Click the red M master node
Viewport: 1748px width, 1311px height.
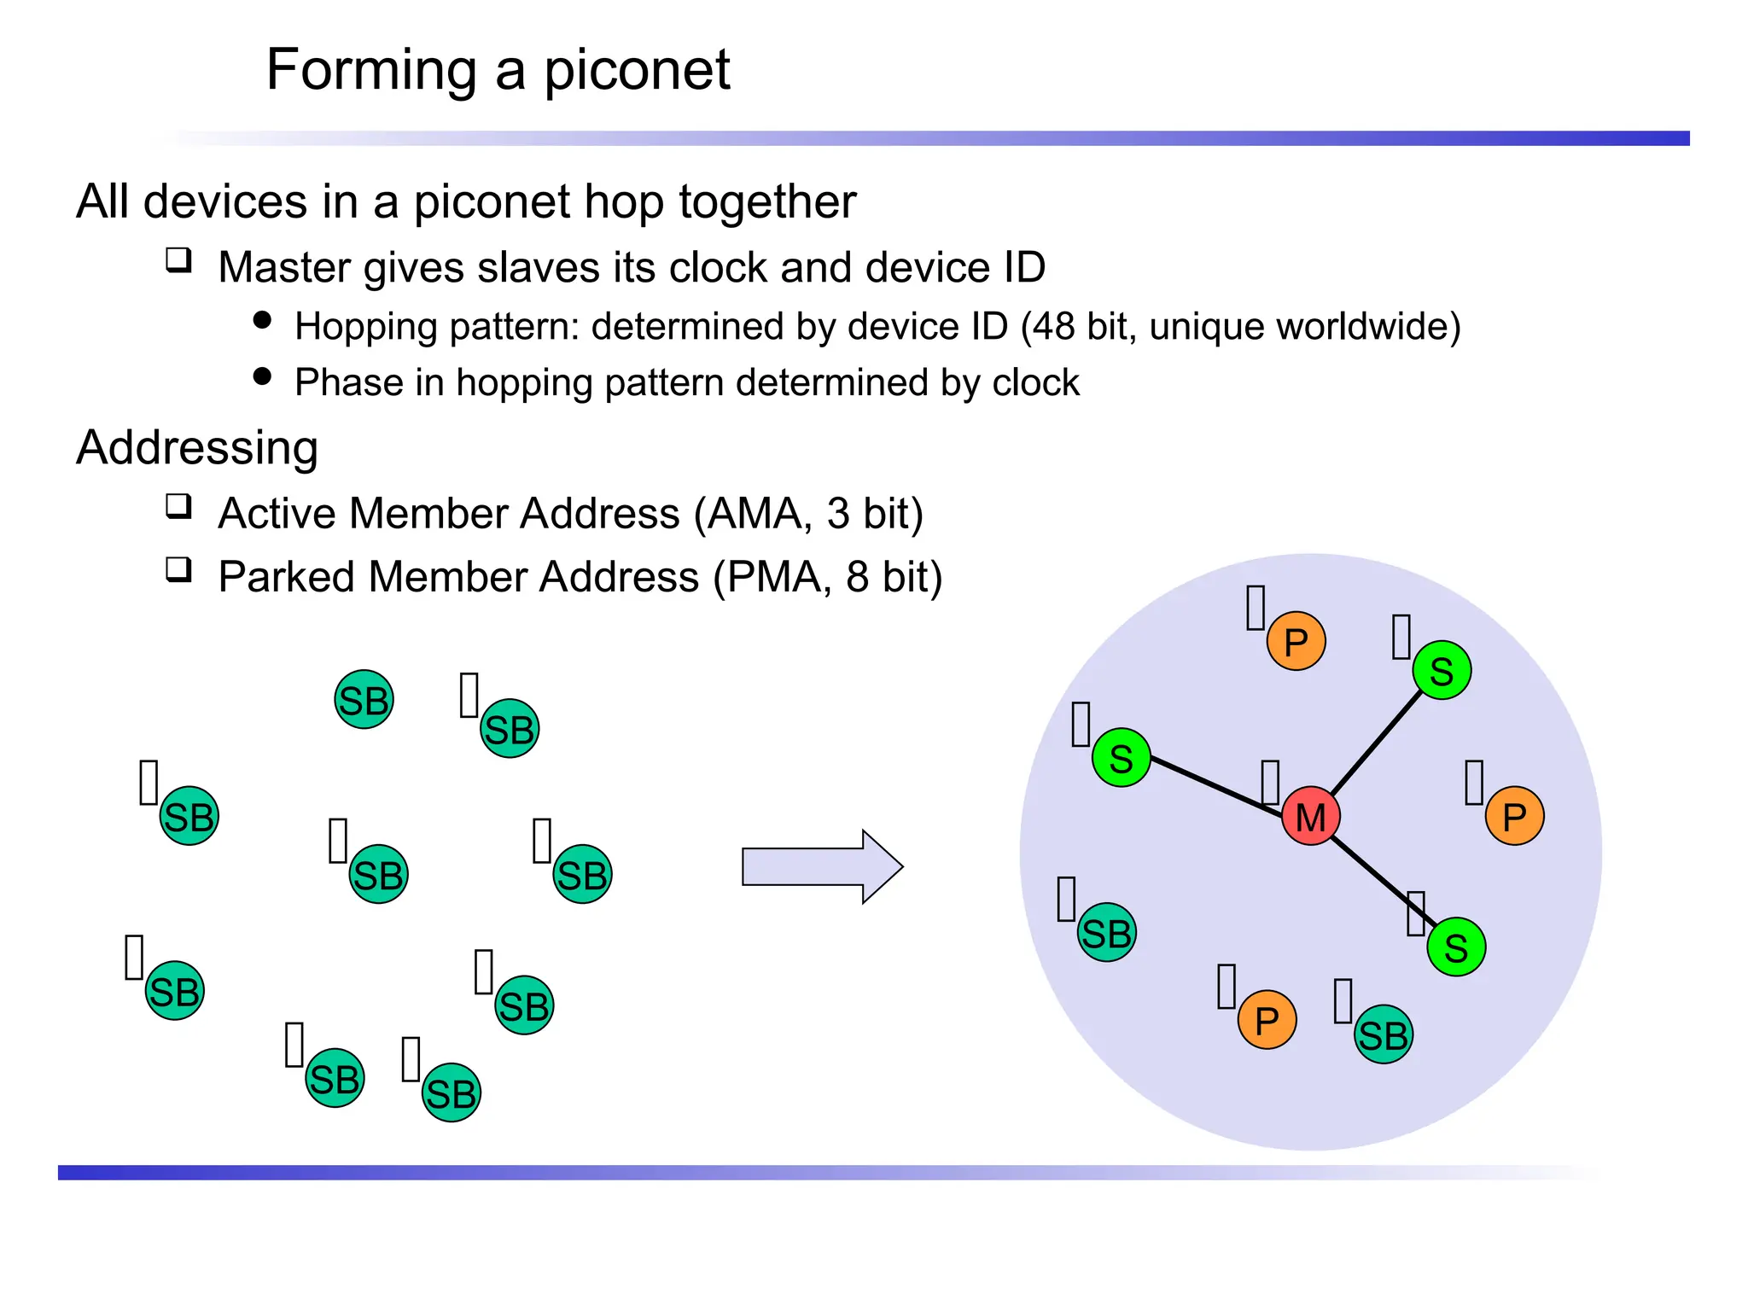pyautogui.click(x=1310, y=816)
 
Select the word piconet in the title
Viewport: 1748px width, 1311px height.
pyautogui.click(x=637, y=69)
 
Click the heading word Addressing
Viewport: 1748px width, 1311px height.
pyautogui.click(x=197, y=447)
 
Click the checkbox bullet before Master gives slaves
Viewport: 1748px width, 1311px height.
pyautogui.click(x=178, y=259)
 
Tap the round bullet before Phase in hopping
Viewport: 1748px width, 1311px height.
pyautogui.click(x=262, y=376)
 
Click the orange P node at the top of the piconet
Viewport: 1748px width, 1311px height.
pyautogui.click(x=1296, y=641)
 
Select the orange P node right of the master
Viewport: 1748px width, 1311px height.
pyautogui.click(x=1514, y=816)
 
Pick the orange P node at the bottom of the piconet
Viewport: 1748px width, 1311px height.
pyautogui.click(x=1267, y=1019)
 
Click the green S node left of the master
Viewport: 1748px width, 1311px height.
pyautogui.click(x=1121, y=757)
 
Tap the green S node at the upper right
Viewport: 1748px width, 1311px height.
pyautogui.click(x=1441, y=670)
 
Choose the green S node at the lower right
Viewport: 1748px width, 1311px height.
pyautogui.click(x=1455, y=947)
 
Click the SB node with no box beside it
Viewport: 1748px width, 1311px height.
pyautogui.click(x=364, y=699)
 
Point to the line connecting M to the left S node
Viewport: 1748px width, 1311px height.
pyautogui.click(x=1212, y=784)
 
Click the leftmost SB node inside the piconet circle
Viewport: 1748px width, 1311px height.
pyautogui.click(x=1106, y=932)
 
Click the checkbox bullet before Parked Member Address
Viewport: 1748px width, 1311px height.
pyautogui.click(x=178, y=569)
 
